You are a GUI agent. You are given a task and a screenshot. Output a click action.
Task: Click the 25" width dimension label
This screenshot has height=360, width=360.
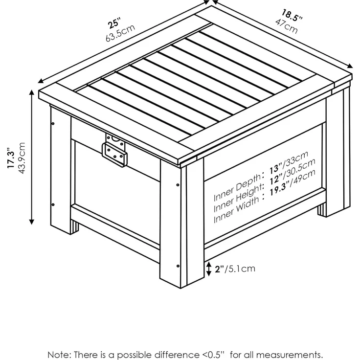(114, 22)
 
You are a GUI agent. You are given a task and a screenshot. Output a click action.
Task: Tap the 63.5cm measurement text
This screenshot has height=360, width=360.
(120, 33)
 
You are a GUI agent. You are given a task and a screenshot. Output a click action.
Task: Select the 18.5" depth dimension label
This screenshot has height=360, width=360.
(292, 15)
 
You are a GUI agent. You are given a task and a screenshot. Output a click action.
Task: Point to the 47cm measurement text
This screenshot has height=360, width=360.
(287, 26)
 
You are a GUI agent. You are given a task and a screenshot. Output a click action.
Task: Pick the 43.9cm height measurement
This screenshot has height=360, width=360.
(22, 158)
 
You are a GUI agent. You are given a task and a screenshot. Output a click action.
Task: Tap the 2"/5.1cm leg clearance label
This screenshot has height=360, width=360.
(235, 269)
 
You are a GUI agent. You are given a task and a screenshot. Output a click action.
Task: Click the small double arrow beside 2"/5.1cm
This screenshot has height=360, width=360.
(208, 269)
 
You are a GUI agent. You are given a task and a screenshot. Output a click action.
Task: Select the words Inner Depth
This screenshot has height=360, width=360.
(237, 187)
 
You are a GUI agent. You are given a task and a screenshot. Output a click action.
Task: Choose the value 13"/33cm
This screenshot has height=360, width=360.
(289, 162)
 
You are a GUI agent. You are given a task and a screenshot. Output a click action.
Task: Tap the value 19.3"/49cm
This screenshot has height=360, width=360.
(292, 182)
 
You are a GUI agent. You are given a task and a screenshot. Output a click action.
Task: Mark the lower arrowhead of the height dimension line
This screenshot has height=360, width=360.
(32, 222)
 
